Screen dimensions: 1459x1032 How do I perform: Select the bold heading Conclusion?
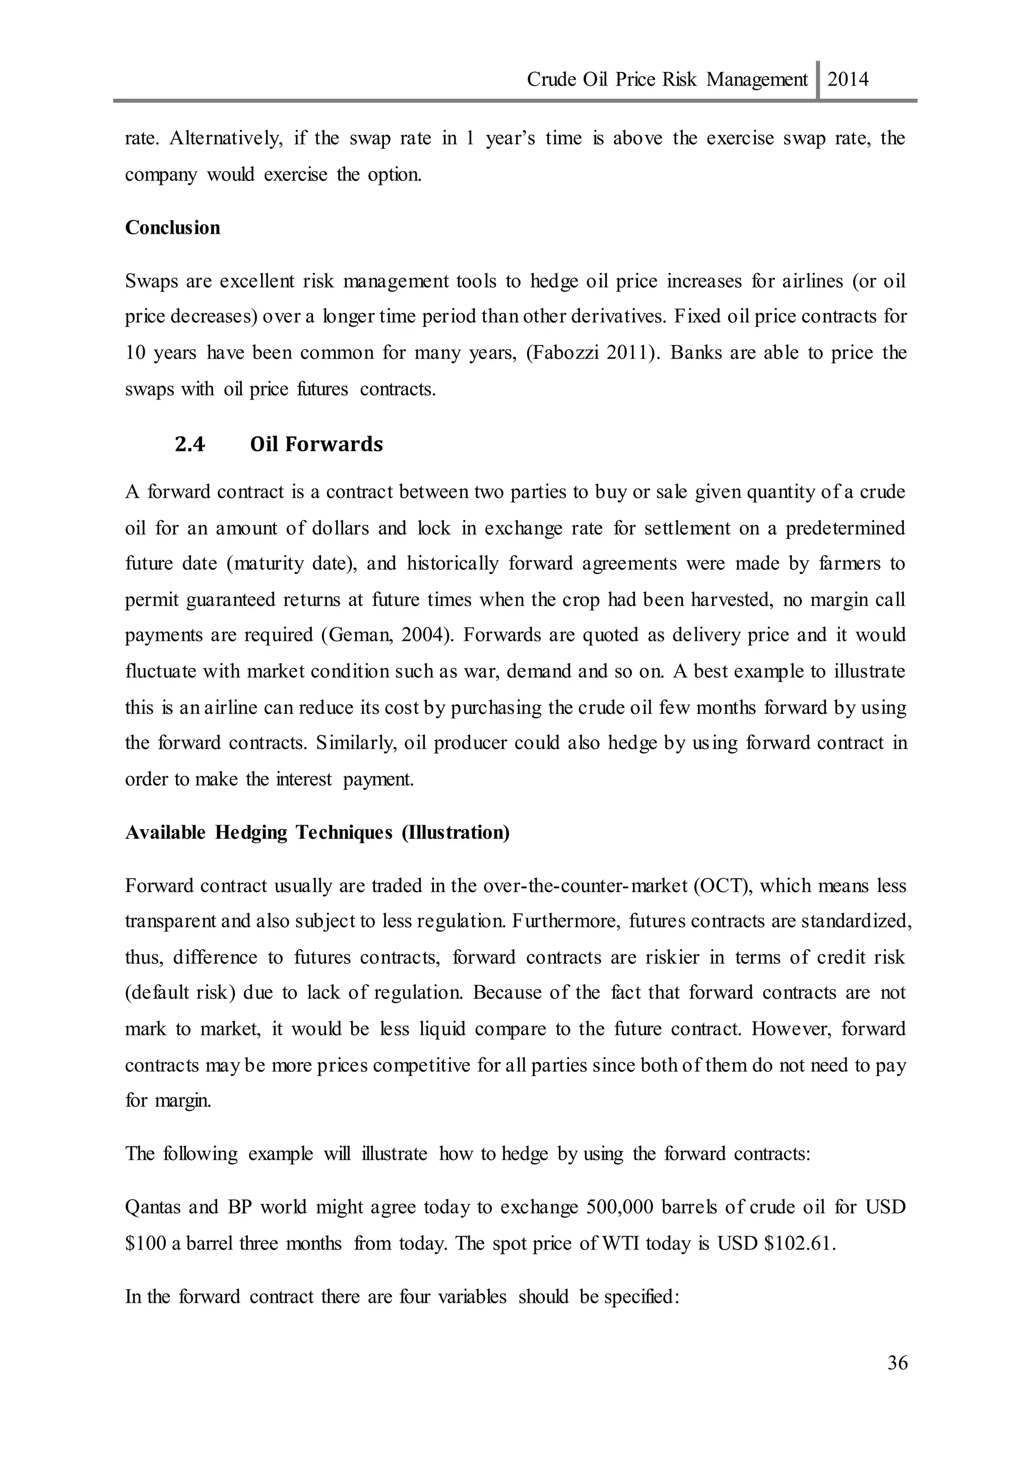point(172,228)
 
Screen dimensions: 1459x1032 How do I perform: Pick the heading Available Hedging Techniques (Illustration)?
point(317,832)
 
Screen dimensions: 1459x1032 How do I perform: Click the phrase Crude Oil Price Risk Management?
point(667,80)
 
